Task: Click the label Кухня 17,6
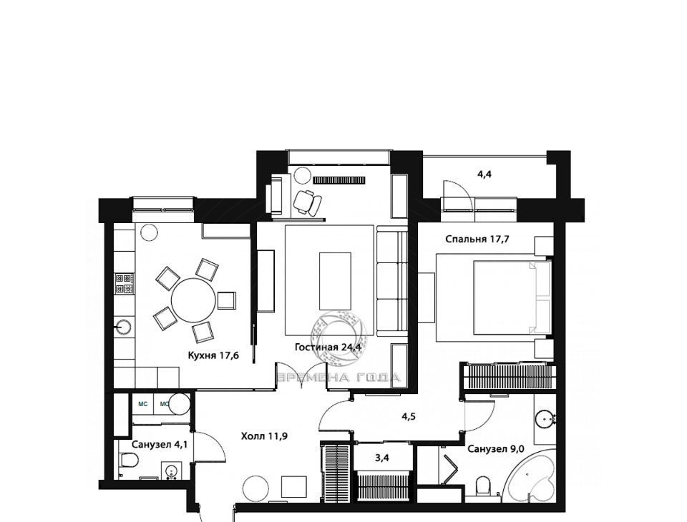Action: coord(213,355)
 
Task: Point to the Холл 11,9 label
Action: coord(264,436)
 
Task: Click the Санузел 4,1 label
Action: coord(160,445)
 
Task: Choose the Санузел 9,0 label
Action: coord(496,449)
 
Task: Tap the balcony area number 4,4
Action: coord(484,174)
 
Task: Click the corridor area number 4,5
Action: coord(408,416)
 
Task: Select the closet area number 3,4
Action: coord(382,458)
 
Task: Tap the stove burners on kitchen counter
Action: coord(125,284)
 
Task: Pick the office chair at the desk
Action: coord(307,202)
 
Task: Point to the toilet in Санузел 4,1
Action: coord(130,460)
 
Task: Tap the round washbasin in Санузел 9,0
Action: coord(545,419)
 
